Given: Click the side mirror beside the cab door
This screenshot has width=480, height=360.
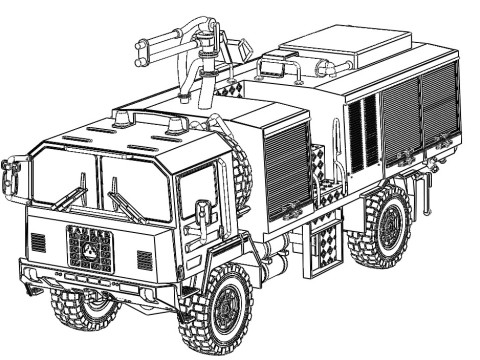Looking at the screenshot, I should coord(204,216).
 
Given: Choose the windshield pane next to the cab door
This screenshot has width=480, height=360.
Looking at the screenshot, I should coord(134,186).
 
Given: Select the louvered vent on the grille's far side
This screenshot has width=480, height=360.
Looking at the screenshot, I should coord(38,241).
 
